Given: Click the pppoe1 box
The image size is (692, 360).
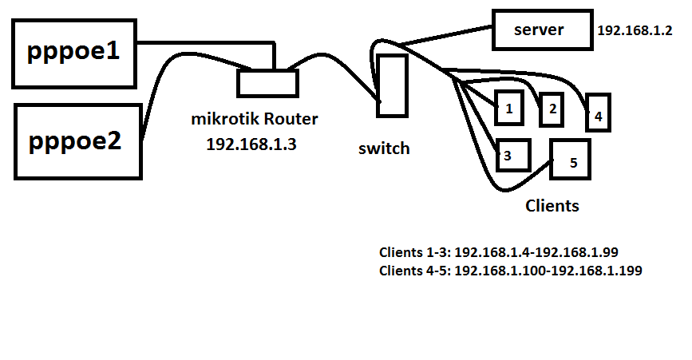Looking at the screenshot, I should [x=73, y=53].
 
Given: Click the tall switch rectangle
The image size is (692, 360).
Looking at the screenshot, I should [x=392, y=85].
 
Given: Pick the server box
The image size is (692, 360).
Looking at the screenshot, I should [x=540, y=30].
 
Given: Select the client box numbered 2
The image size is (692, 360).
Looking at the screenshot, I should [x=552, y=108].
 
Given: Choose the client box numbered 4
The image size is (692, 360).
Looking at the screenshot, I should [x=599, y=114].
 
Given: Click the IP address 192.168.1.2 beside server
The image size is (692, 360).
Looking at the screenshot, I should [x=635, y=31].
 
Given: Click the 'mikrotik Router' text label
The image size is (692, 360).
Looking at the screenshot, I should [x=255, y=120].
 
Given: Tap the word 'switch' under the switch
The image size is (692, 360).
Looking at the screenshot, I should [x=384, y=148].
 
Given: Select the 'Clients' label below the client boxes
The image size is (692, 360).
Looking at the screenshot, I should [x=552, y=205].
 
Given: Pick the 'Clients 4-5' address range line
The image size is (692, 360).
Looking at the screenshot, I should [x=511, y=271].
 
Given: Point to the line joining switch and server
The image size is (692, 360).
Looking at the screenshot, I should [x=447, y=35].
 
